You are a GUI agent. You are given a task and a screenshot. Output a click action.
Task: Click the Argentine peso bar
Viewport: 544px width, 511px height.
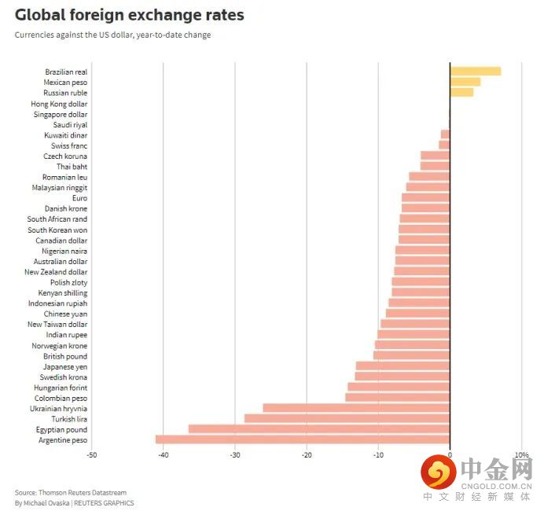303,439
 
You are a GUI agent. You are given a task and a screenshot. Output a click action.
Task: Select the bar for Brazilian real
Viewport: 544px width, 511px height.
475,72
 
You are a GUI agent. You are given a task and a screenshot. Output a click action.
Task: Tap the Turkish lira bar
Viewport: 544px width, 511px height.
347,419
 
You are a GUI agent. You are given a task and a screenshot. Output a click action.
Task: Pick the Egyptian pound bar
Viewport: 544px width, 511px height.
318,429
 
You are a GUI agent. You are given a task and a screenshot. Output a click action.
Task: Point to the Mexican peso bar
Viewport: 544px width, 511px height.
465,82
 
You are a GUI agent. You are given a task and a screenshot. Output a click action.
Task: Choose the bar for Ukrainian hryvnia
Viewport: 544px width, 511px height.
356,408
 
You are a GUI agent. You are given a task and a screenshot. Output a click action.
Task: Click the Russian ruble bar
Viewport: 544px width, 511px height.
461,93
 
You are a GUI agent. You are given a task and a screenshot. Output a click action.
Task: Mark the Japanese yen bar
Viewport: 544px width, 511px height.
402,366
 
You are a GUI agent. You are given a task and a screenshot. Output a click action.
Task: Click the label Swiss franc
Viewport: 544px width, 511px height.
69,145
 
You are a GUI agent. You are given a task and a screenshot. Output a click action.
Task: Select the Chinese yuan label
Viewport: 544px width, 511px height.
65,314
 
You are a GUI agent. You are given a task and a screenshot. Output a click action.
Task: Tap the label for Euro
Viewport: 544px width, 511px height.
79,198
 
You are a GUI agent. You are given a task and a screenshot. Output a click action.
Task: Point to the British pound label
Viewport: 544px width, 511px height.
65,356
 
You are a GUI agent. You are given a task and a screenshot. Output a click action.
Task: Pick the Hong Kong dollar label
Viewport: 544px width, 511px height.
59,104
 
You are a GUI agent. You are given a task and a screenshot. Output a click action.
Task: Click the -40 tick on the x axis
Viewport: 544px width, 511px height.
164,455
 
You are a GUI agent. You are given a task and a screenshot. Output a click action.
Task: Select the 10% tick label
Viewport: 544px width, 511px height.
521,455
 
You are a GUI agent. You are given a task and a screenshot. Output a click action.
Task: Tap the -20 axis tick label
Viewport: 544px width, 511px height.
307,455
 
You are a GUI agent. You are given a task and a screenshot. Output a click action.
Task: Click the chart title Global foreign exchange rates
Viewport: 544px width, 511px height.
129,15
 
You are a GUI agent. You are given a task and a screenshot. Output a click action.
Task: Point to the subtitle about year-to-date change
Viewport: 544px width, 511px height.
112,35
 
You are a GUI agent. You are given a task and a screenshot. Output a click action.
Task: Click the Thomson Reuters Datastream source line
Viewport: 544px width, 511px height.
70,493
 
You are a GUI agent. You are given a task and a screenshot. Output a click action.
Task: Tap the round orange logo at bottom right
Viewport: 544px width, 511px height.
439,472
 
